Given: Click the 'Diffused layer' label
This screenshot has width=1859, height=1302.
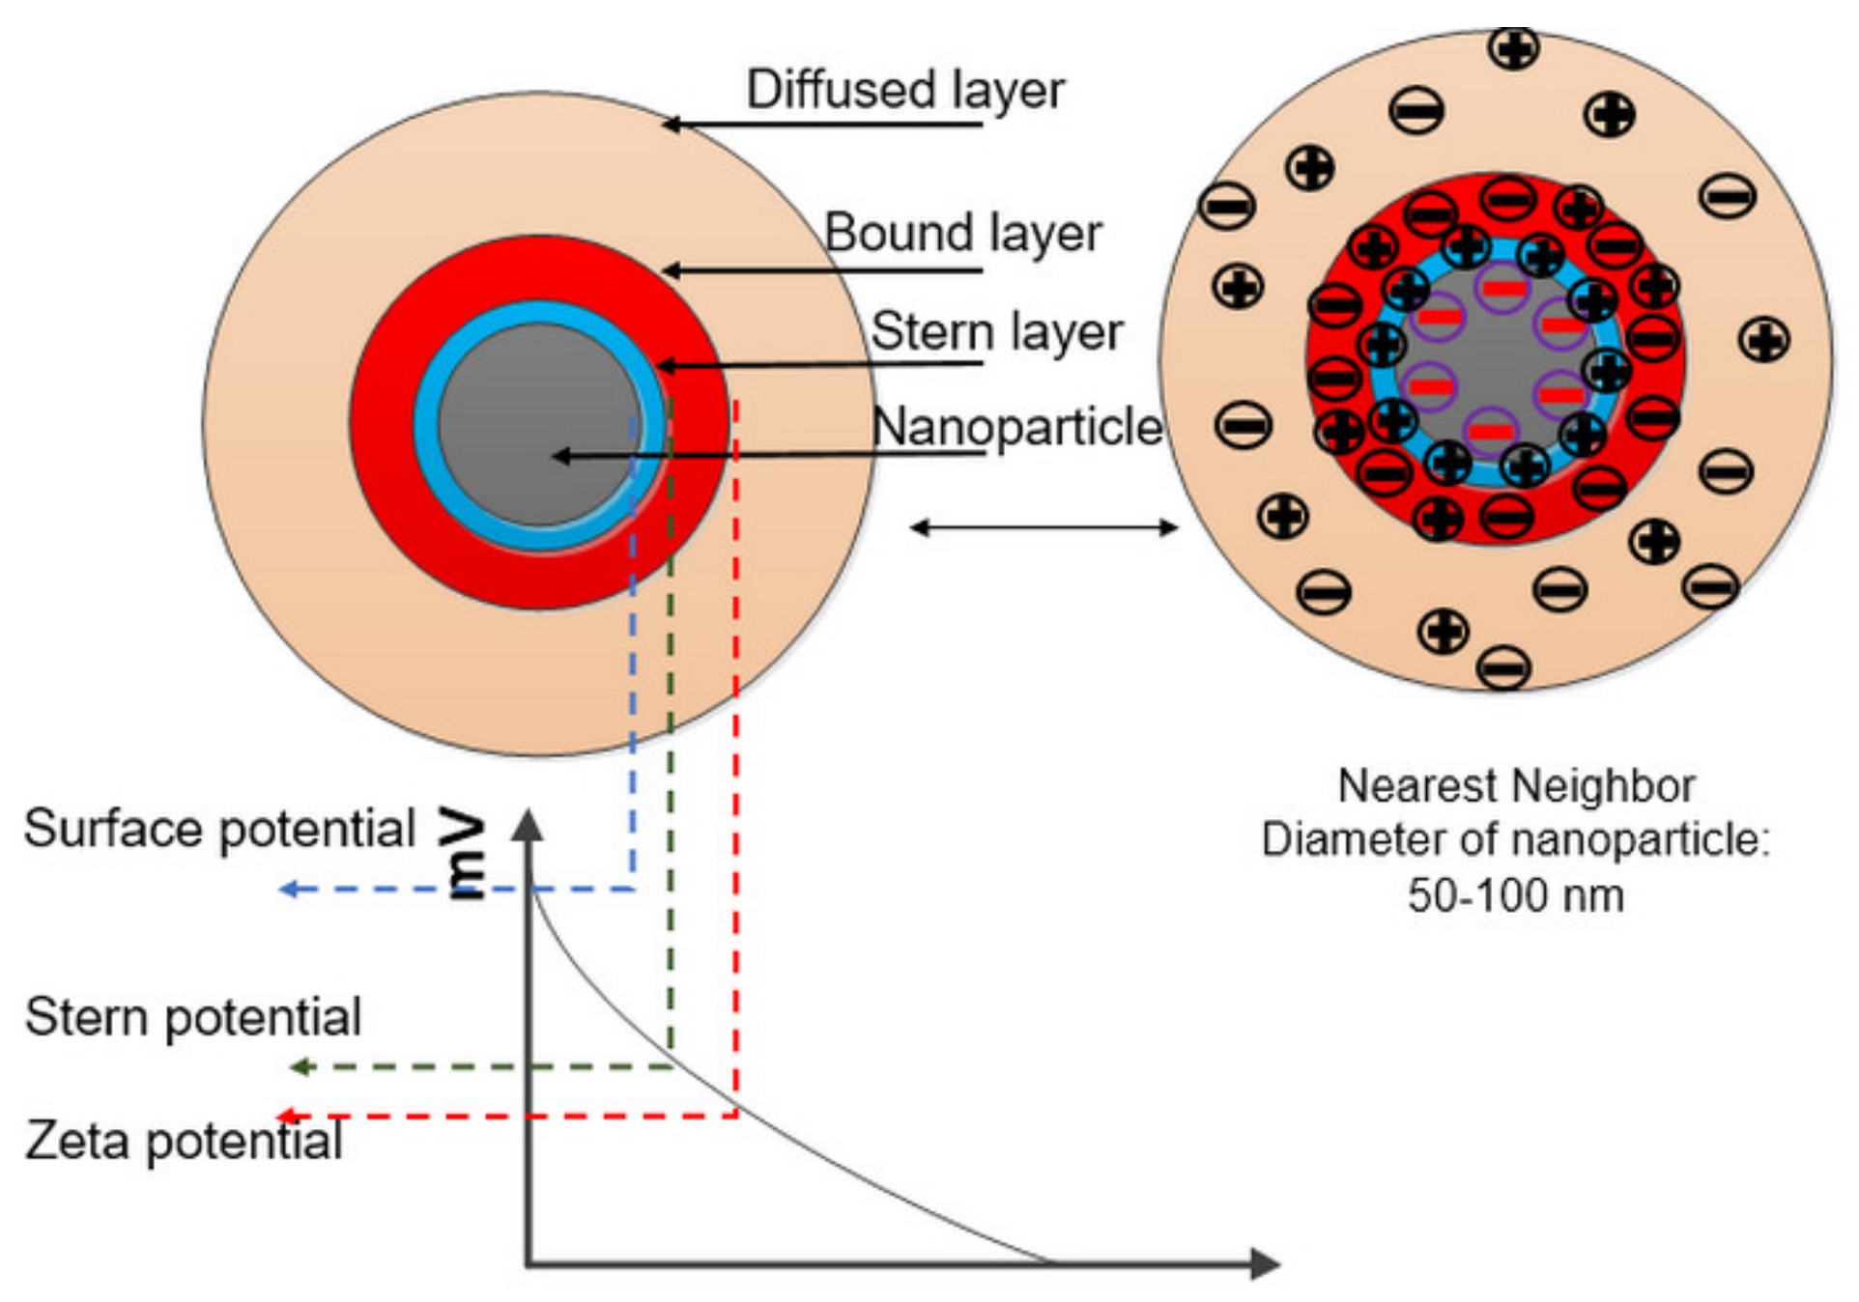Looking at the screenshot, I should point(904,90).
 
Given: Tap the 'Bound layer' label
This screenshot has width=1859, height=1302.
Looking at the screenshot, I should point(962,233).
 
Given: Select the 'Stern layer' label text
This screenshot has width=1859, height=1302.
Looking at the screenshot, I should point(996,331).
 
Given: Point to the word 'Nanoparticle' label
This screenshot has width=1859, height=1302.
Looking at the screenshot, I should point(1016,426).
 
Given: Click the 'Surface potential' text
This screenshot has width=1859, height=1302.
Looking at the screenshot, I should point(219,829).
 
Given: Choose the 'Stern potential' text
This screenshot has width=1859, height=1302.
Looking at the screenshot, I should point(193,1016).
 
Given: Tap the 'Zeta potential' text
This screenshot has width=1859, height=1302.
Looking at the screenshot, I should point(184,1140).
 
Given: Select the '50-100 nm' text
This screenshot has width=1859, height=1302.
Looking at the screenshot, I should point(1515,894).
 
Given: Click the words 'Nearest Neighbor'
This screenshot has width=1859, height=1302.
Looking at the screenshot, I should point(1515,785).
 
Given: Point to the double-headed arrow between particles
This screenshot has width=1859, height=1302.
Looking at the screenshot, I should point(1044,527).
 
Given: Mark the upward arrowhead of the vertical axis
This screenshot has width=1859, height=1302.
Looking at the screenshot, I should point(528,824).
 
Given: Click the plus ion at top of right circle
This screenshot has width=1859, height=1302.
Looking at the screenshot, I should point(1513,48).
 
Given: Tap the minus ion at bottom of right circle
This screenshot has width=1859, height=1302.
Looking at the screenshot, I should point(1503,666).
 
